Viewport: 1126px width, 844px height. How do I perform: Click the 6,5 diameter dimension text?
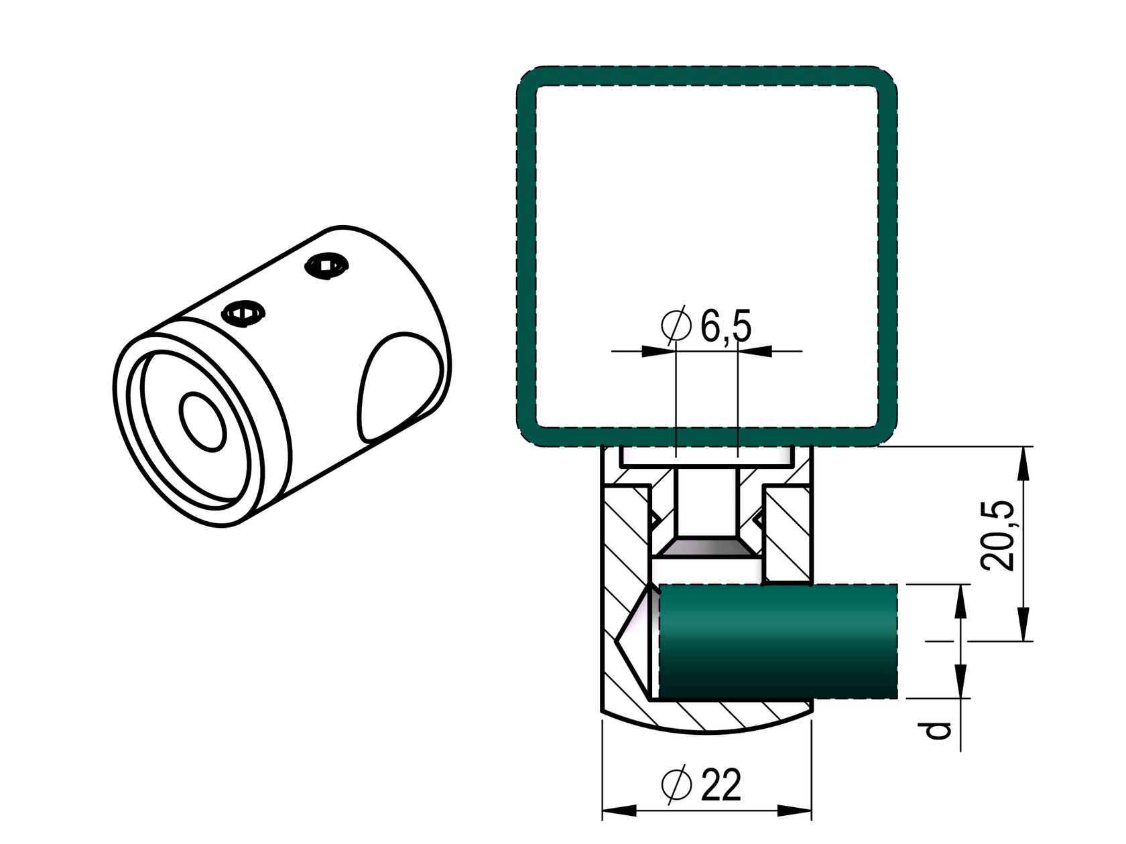point(726,326)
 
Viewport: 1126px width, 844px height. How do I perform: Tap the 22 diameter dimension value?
point(721,785)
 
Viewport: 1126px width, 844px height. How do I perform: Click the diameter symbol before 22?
point(676,785)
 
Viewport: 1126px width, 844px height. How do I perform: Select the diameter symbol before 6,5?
point(676,325)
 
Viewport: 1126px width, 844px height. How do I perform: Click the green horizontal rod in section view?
point(777,641)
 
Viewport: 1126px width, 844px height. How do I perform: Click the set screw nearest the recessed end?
point(244,313)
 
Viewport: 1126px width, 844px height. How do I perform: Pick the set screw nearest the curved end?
point(326,266)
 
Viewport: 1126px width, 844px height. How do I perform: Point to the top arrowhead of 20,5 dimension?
point(1023,464)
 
